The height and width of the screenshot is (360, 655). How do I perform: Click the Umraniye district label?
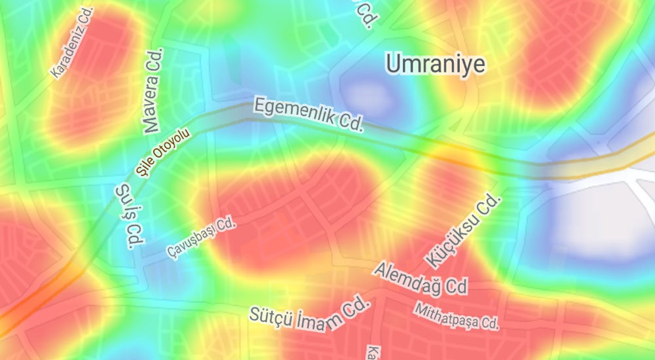point(435,63)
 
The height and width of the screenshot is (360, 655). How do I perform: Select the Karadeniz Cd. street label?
point(73,43)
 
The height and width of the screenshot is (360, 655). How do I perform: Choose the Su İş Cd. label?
point(128,216)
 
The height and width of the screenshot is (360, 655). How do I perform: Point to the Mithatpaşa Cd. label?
point(457,315)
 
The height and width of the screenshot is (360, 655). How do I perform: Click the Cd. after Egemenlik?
point(349,122)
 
